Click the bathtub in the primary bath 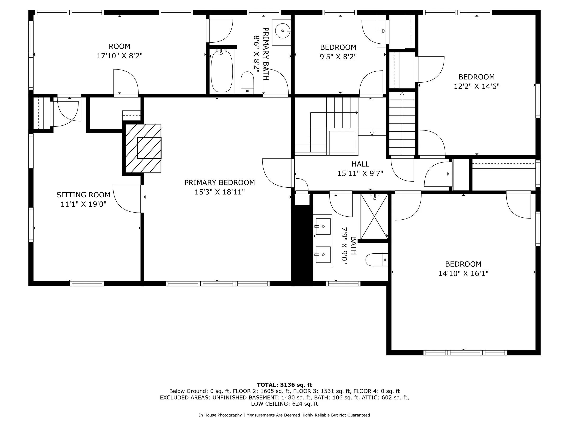click(x=221, y=71)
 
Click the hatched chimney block click(x=143, y=148)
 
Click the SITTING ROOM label click(x=83, y=195)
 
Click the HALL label click(x=360, y=164)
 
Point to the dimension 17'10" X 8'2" click(x=120, y=56)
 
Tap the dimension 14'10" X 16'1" click(x=463, y=273)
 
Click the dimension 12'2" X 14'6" click(x=477, y=86)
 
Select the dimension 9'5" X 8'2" click(x=338, y=57)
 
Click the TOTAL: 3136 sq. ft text click(x=284, y=385)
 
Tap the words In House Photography click(x=220, y=415)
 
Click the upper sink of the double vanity click(x=323, y=227)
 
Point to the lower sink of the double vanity click(x=323, y=255)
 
